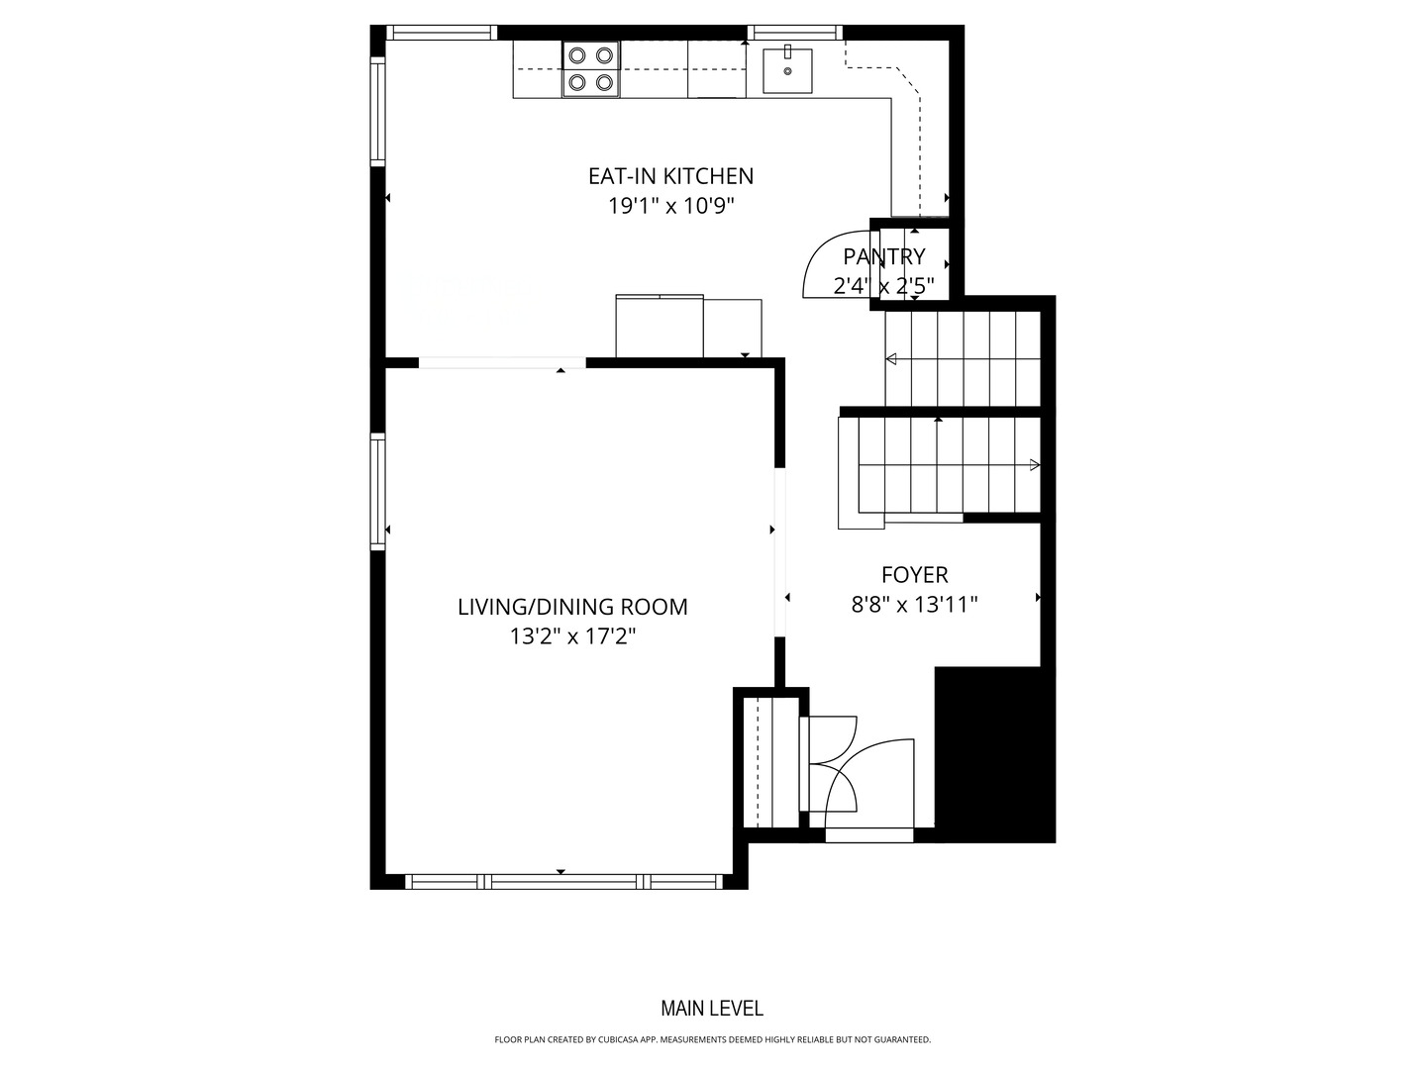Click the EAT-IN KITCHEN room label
pos(670,176)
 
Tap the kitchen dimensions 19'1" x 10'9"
pos(670,206)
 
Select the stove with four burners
pos(591,69)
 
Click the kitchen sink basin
pos(787,70)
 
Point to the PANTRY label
pos(883,256)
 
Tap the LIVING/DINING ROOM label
pos(572,607)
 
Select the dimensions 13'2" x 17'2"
pos(572,636)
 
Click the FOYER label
pos(914,574)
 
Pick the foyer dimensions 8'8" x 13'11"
pos(914,604)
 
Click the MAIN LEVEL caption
pos(712,1009)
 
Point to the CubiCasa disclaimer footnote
pos(712,1039)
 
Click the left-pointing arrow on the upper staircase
pos(891,358)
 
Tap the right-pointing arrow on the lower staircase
pos(1034,465)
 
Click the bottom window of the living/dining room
pos(565,881)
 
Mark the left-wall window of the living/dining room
pos(378,491)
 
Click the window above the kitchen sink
pos(794,33)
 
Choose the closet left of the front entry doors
pos(771,761)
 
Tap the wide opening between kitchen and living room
pos(502,362)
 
